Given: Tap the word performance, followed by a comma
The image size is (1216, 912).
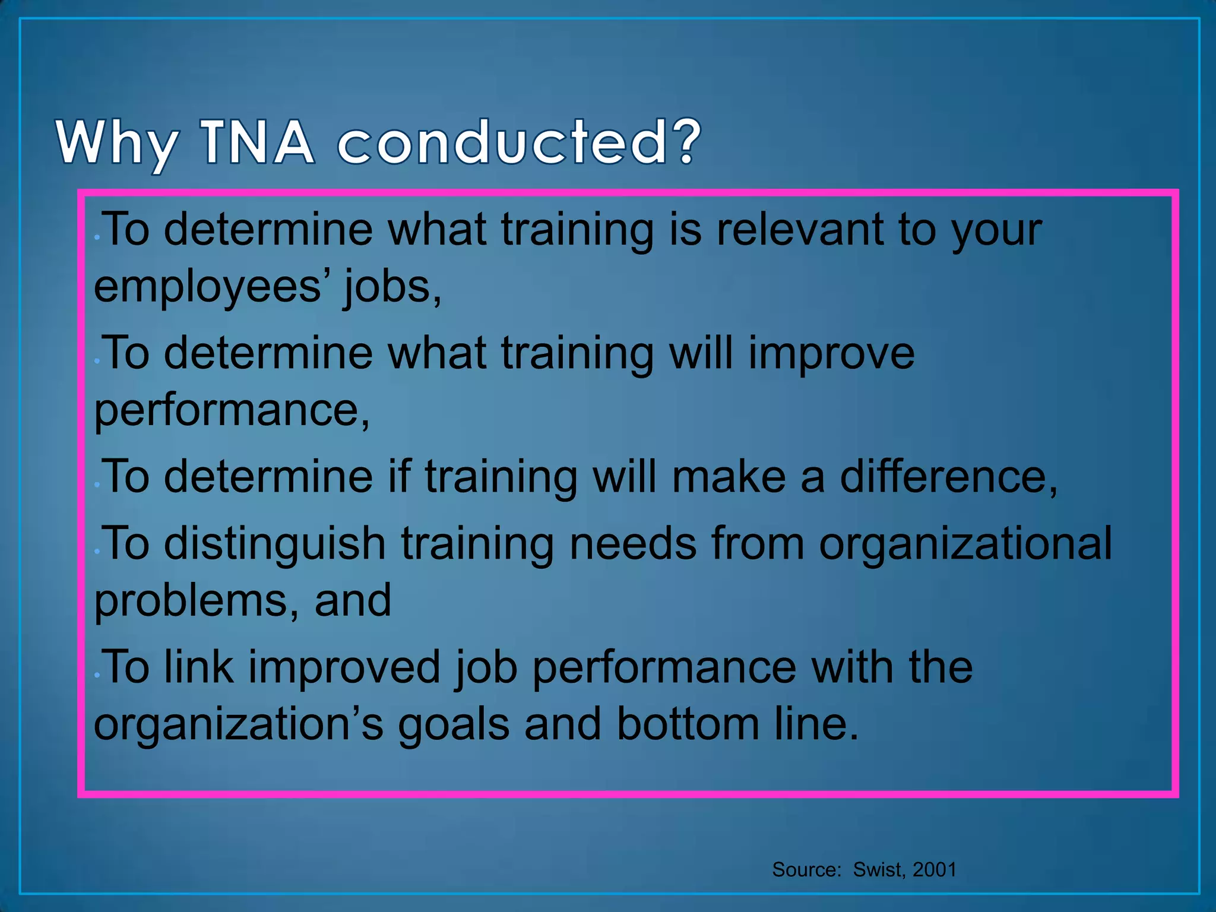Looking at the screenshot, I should (232, 410).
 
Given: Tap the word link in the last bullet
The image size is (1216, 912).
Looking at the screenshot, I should (198, 667).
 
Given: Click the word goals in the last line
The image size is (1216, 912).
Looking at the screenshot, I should (454, 725).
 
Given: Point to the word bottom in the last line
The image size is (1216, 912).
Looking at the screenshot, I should (688, 724).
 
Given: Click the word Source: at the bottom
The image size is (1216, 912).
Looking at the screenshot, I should (806, 870).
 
